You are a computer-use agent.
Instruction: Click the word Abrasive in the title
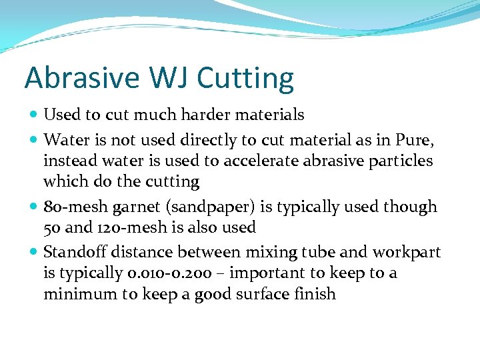click(72, 78)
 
